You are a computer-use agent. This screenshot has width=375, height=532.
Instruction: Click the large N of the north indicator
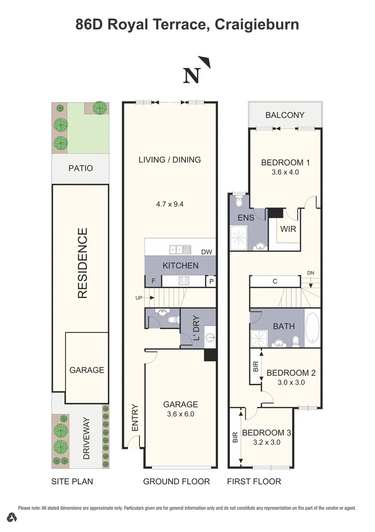pyautogui.click(x=192, y=75)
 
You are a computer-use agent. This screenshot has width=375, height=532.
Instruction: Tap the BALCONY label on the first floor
pyautogui.click(x=285, y=115)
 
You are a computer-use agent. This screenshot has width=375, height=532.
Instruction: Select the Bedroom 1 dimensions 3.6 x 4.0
pyautogui.click(x=285, y=172)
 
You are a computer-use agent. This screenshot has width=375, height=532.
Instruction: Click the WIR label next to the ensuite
pyautogui.click(x=288, y=229)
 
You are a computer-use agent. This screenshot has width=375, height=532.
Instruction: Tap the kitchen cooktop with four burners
pyautogui.click(x=184, y=281)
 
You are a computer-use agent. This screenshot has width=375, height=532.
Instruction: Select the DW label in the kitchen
pyautogui.click(x=206, y=252)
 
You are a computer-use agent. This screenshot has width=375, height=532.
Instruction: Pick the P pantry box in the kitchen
pyautogui.click(x=211, y=282)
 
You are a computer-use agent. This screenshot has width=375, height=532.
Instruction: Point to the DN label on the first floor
pyautogui.click(x=310, y=272)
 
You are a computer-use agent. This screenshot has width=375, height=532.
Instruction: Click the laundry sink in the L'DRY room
pyautogui.click(x=210, y=338)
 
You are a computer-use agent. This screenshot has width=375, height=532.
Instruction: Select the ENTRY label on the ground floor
pyautogui.click(x=135, y=418)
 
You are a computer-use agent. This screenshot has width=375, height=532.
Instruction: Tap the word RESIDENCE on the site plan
pyautogui.click(x=82, y=263)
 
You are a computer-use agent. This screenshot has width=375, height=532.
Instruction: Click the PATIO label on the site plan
pyautogui.click(x=80, y=168)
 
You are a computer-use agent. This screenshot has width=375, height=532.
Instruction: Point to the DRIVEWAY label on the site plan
pyautogui.click(x=87, y=438)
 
